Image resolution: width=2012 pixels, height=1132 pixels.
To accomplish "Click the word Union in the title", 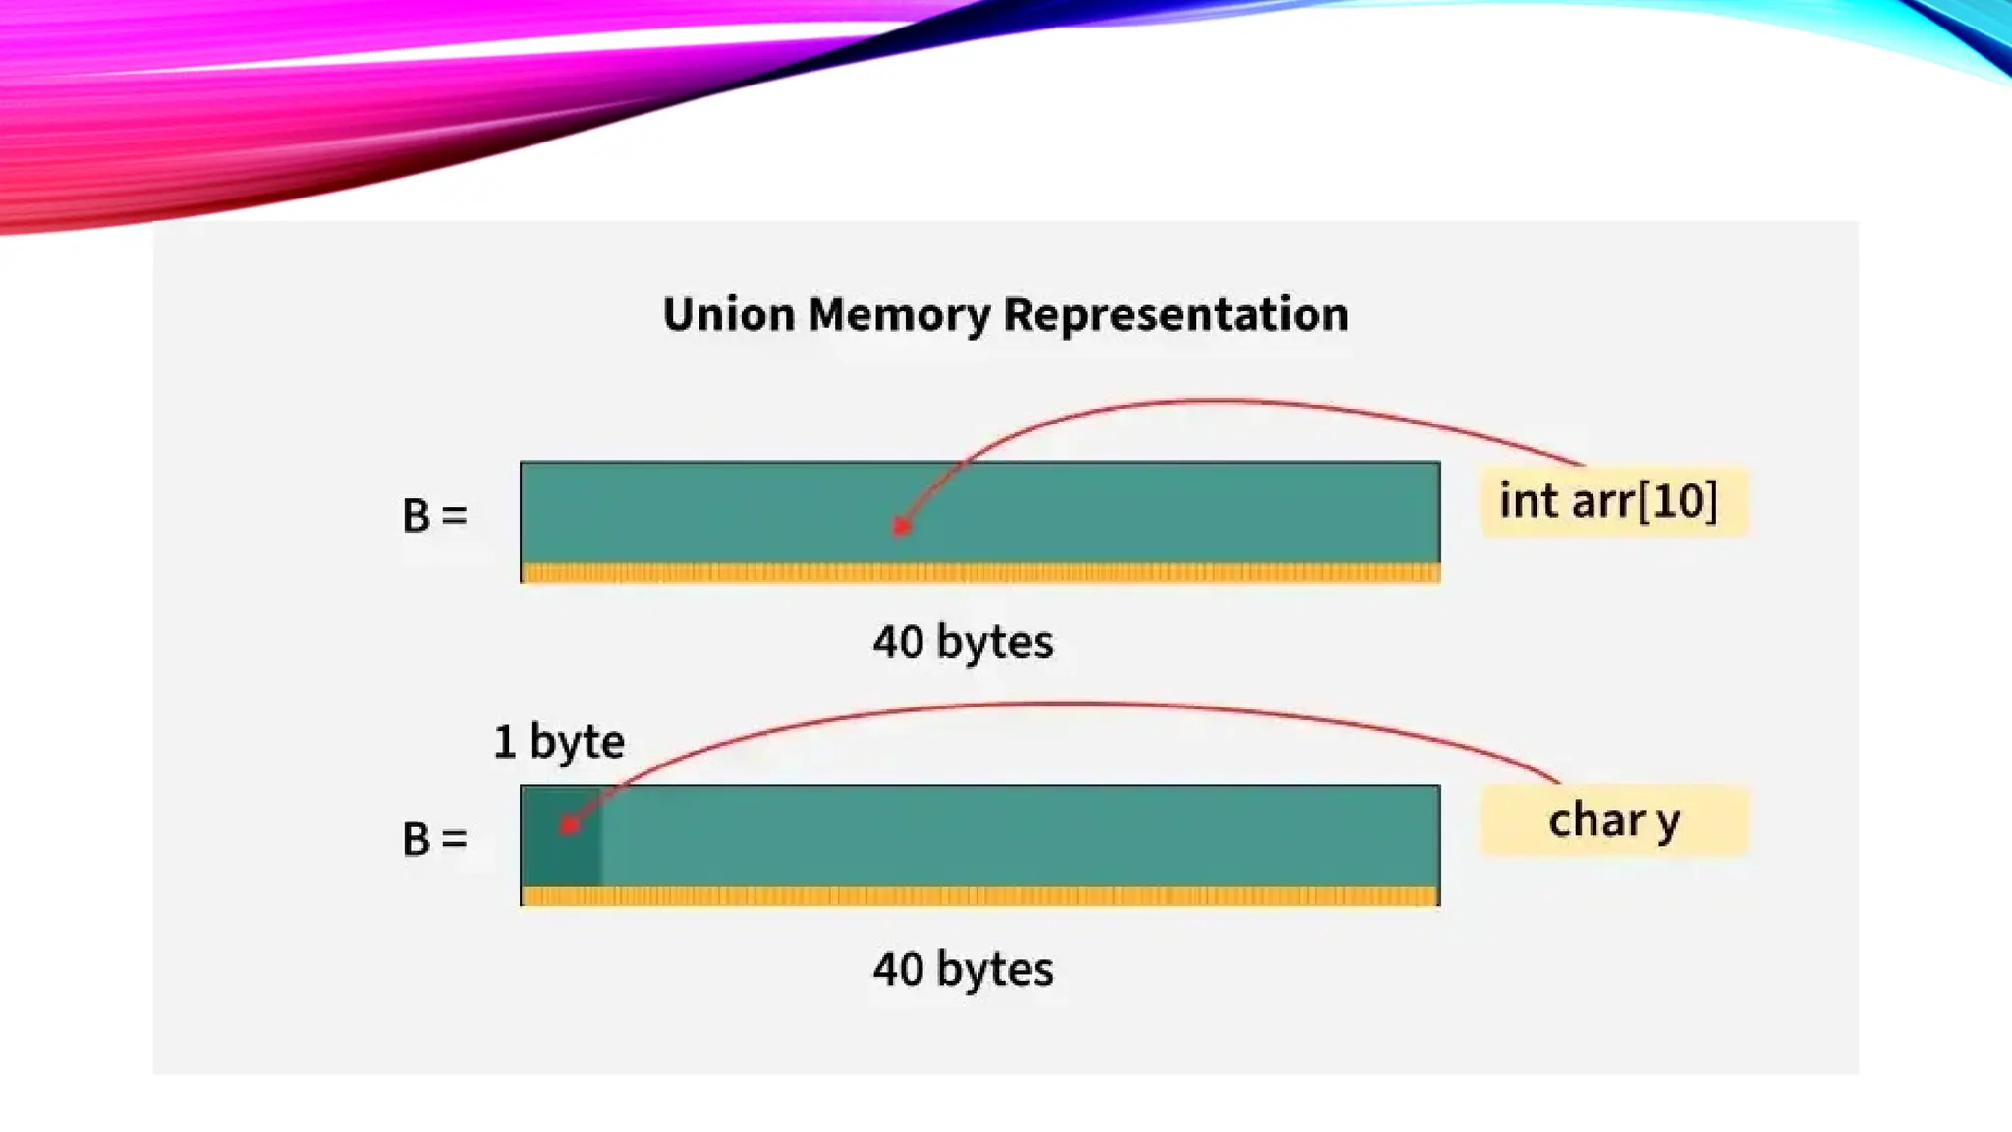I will pos(728,315).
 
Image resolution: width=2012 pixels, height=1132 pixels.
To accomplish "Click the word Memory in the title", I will pos(899,315).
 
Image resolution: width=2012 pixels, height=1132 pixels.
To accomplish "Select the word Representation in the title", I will pos(1175,315).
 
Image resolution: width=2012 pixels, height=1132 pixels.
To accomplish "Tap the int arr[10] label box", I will pos(1613,501).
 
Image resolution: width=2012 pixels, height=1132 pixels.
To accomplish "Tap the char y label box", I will pos(1613,821).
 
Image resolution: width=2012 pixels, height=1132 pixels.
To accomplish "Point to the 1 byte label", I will pos(558,742).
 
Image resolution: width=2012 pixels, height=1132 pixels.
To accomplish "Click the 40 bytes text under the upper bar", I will pos(963,643).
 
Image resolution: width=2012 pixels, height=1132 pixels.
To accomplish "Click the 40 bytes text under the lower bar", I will pos(963,970).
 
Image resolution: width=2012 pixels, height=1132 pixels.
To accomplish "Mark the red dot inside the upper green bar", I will pos(901,527).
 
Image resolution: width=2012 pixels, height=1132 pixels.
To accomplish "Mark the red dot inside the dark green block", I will pos(569,825).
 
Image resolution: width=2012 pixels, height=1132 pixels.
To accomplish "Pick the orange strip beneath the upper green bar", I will pos(979,572).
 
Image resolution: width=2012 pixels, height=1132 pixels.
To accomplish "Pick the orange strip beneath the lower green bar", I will pos(979,896).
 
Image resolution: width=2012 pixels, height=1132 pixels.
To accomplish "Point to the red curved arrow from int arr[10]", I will pos(1218,401).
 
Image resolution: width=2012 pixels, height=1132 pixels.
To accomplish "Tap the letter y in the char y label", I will pos(1667,822).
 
